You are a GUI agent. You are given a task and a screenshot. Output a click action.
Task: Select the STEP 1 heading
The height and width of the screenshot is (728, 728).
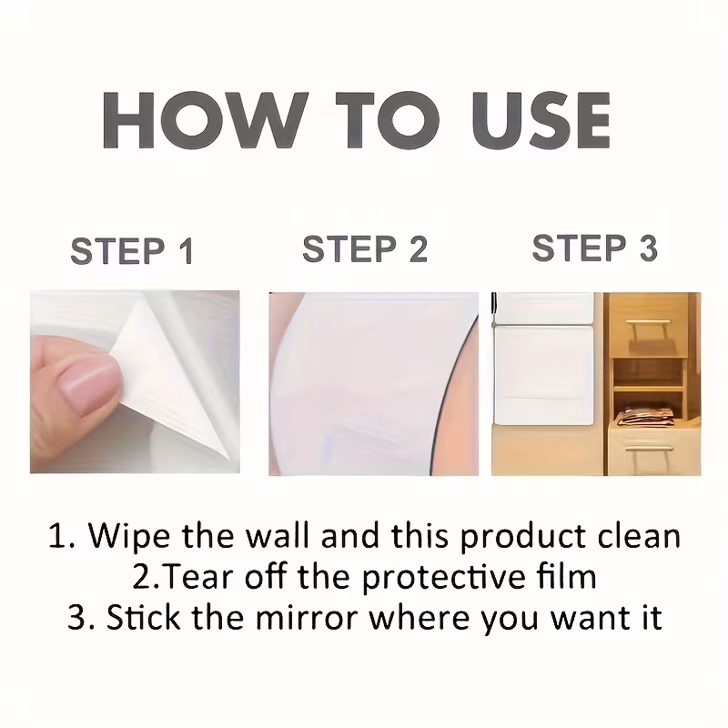tap(133, 252)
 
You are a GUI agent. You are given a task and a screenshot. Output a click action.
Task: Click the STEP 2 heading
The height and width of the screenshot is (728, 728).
tap(365, 249)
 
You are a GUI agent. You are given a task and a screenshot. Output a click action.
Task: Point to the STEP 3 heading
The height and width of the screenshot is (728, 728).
tap(595, 248)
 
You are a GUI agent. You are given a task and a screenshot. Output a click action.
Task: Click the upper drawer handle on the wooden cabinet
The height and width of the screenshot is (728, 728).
tap(648, 322)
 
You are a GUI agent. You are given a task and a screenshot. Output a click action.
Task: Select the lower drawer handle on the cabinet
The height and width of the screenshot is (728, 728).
tap(648, 450)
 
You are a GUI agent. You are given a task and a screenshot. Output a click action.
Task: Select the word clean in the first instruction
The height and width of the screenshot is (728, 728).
tap(636, 536)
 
